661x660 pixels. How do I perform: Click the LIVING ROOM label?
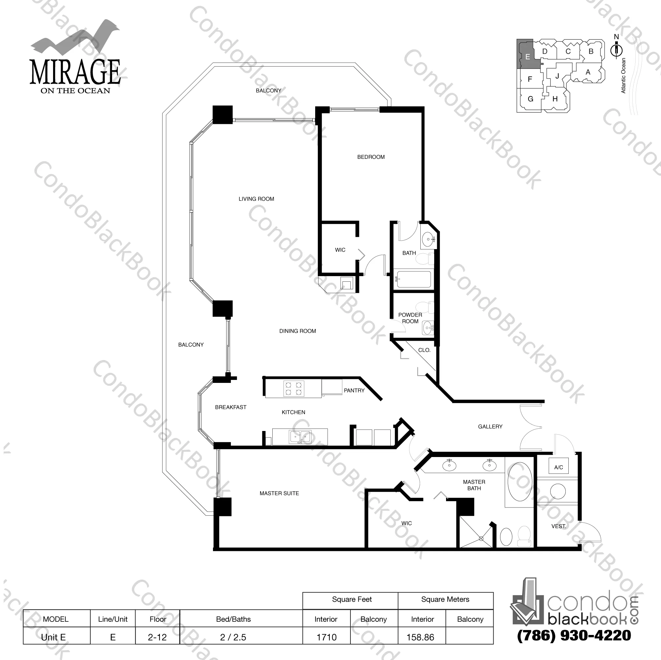pyautogui.click(x=256, y=199)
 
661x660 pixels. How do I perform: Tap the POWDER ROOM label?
pyautogui.click(x=410, y=318)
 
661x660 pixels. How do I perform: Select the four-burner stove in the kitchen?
pyautogui.click(x=293, y=388)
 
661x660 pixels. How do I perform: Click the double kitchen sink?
pyautogui.click(x=300, y=437)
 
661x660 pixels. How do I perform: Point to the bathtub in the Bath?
pyautogui.click(x=414, y=279)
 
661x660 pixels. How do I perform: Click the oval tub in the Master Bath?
pyautogui.click(x=520, y=481)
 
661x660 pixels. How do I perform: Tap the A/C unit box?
pyautogui.click(x=558, y=467)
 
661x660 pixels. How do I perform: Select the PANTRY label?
pyautogui.click(x=354, y=390)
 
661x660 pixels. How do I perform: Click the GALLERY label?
pyautogui.click(x=490, y=426)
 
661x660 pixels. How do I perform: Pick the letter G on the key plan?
pyautogui.click(x=530, y=99)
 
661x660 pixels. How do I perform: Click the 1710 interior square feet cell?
pyautogui.click(x=326, y=637)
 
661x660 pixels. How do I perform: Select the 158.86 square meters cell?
pyautogui.click(x=420, y=637)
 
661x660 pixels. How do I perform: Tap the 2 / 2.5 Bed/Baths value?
pyautogui.click(x=233, y=637)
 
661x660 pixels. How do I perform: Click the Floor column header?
pyautogui.click(x=158, y=619)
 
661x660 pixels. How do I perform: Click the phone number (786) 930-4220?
pyautogui.click(x=574, y=635)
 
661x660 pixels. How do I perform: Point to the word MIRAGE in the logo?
pyautogui.click(x=75, y=72)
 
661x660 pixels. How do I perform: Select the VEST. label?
pyautogui.click(x=558, y=526)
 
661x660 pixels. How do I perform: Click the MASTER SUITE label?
pyautogui.click(x=279, y=493)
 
